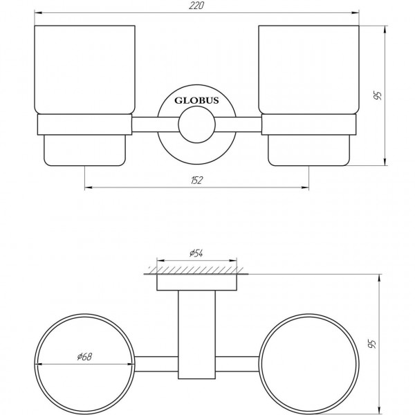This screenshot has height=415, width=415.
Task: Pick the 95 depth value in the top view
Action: (x=374, y=343)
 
